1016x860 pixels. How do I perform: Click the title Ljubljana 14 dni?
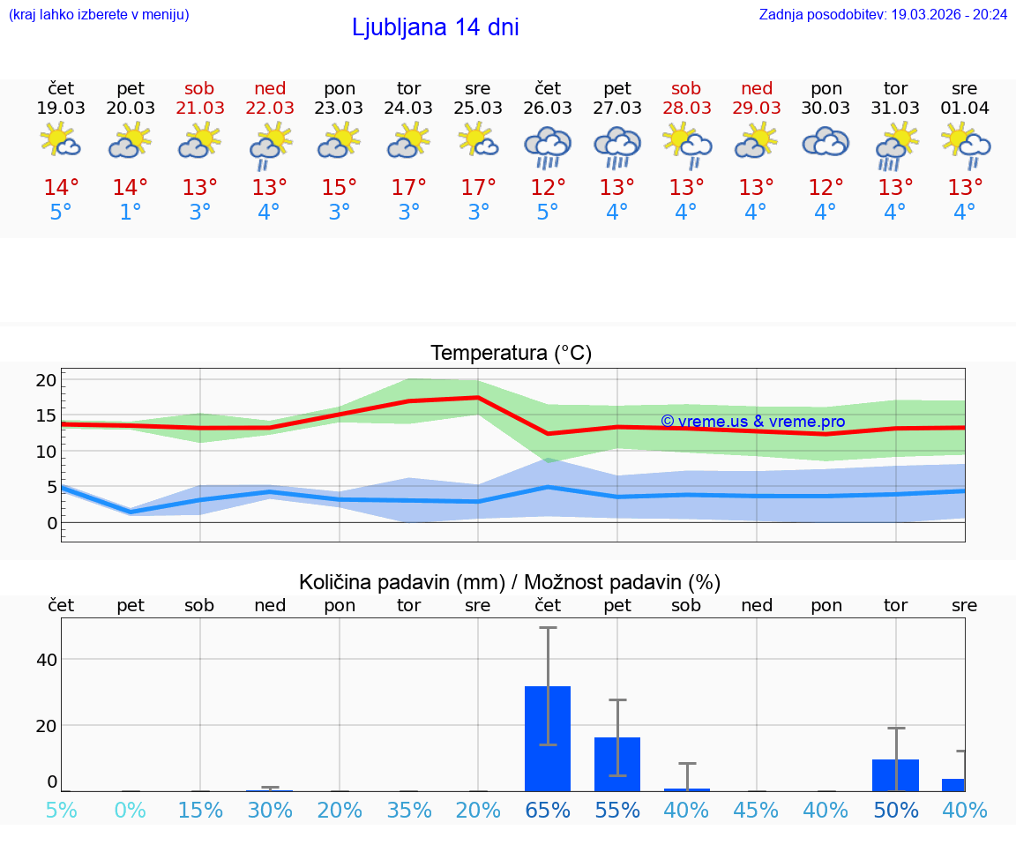pos(435,27)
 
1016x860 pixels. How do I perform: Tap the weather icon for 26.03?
pos(548,147)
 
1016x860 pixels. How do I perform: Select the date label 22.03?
pos(270,108)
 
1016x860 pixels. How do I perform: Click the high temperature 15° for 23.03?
pos(340,188)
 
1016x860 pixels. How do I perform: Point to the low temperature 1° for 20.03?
pos(131,213)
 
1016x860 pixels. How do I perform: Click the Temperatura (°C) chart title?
pos(511,354)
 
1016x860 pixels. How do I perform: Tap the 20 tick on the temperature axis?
pos(47,380)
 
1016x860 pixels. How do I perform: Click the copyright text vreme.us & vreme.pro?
pos(752,422)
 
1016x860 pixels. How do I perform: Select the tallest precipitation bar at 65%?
pos(548,738)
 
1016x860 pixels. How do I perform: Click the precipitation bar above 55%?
pos(617,764)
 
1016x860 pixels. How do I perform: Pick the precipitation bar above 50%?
pos(895,774)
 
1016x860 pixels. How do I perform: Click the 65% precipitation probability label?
pos(548,810)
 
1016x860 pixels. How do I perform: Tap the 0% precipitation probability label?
pos(131,810)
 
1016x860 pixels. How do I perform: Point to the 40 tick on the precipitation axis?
pos(47,660)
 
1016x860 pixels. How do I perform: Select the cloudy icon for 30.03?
pos(825,144)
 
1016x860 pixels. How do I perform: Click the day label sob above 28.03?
pos(686,88)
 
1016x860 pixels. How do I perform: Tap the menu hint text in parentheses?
pos(99,14)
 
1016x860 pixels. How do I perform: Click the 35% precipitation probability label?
pos(409,810)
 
